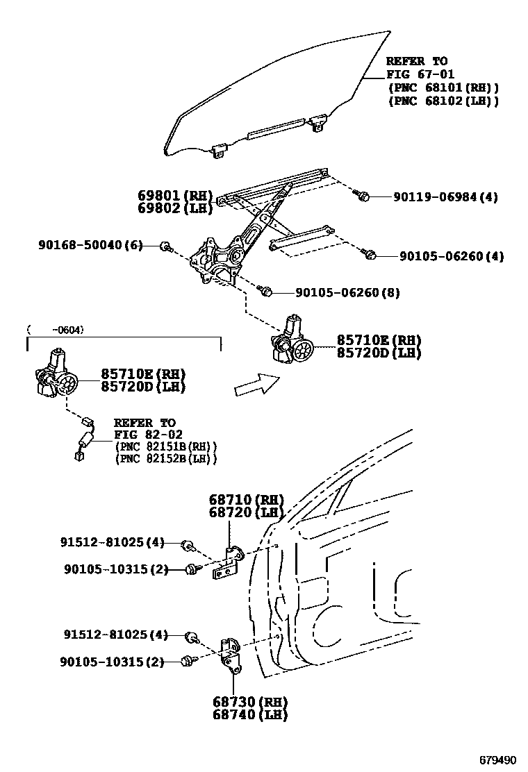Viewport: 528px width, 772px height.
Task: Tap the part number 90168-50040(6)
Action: coord(90,245)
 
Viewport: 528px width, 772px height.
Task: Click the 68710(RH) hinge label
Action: coord(246,500)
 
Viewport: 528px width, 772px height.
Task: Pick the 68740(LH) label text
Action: coord(250,714)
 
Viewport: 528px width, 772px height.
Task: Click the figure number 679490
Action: coord(497,759)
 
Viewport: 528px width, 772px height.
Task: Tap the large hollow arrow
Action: coord(256,384)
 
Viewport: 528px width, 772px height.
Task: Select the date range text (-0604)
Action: coord(56,330)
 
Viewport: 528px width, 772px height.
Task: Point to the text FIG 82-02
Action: coord(145,435)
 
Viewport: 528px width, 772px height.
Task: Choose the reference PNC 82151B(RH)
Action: coord(166,446)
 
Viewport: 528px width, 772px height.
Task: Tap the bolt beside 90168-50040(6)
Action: coord(166,246)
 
